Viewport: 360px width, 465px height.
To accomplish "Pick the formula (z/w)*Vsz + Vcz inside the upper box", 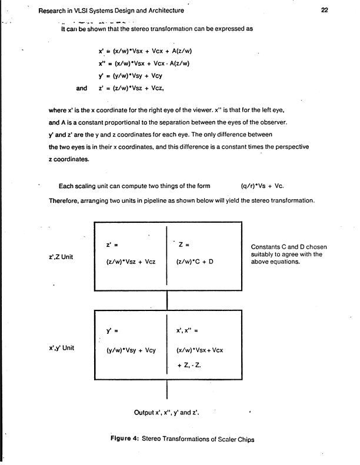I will (x=130, y=262).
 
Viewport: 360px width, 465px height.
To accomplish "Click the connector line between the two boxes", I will (x=168, y=300).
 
